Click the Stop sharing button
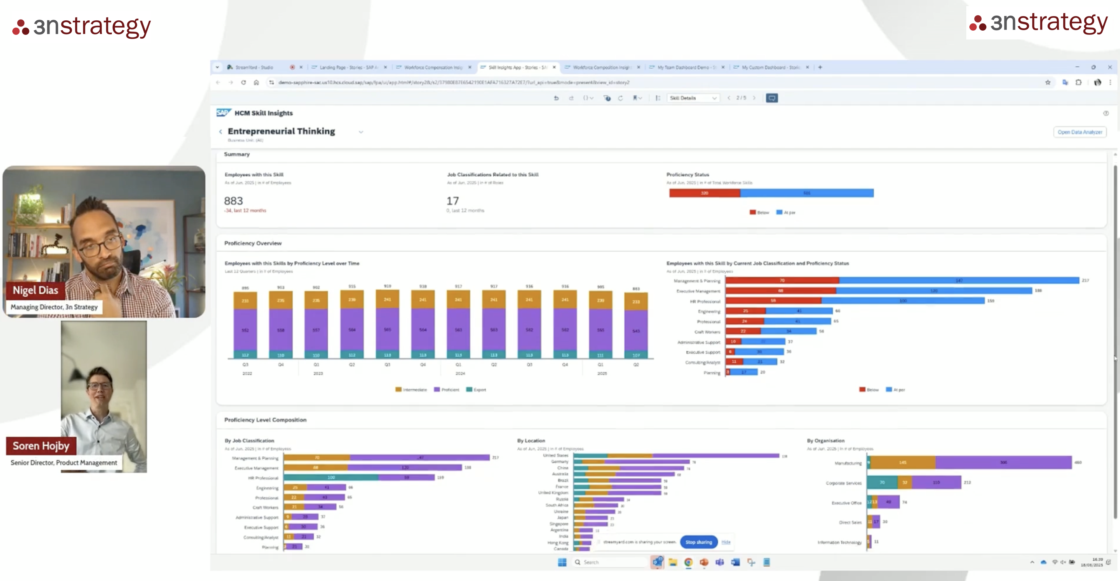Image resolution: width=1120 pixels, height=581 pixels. click(x=698, y=542)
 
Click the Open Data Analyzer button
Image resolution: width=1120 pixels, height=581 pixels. click(x=1080, y=132)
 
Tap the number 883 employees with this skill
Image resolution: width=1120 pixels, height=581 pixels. click(x=233, y=201)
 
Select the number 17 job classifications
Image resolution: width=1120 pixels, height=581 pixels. click(x=453, y=201)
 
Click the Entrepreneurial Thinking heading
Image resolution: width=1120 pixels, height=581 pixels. click(x=281, y=131)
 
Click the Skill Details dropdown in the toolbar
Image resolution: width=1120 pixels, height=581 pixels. click(x=693, y=98)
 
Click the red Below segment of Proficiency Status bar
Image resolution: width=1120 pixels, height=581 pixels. click(x=705, y=193)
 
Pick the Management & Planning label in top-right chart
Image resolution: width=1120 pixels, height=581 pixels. click(x=697, y=281)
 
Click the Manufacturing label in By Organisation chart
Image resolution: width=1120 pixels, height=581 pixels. click(x=848, y=463)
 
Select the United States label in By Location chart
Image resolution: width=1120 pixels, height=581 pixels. click(x=556, y=455)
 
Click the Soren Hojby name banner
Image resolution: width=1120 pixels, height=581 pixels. click(x=41, y=446)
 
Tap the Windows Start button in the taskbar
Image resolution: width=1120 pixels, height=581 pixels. click(x=562, y=562)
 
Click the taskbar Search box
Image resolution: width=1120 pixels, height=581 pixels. click(x=609, y=562)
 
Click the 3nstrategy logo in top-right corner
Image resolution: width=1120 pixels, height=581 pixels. click(x=1039, y=23)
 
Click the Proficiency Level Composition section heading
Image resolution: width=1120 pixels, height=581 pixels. click(x=265, y=420)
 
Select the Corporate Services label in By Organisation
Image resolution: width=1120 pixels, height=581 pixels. click(x=844, y=483)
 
